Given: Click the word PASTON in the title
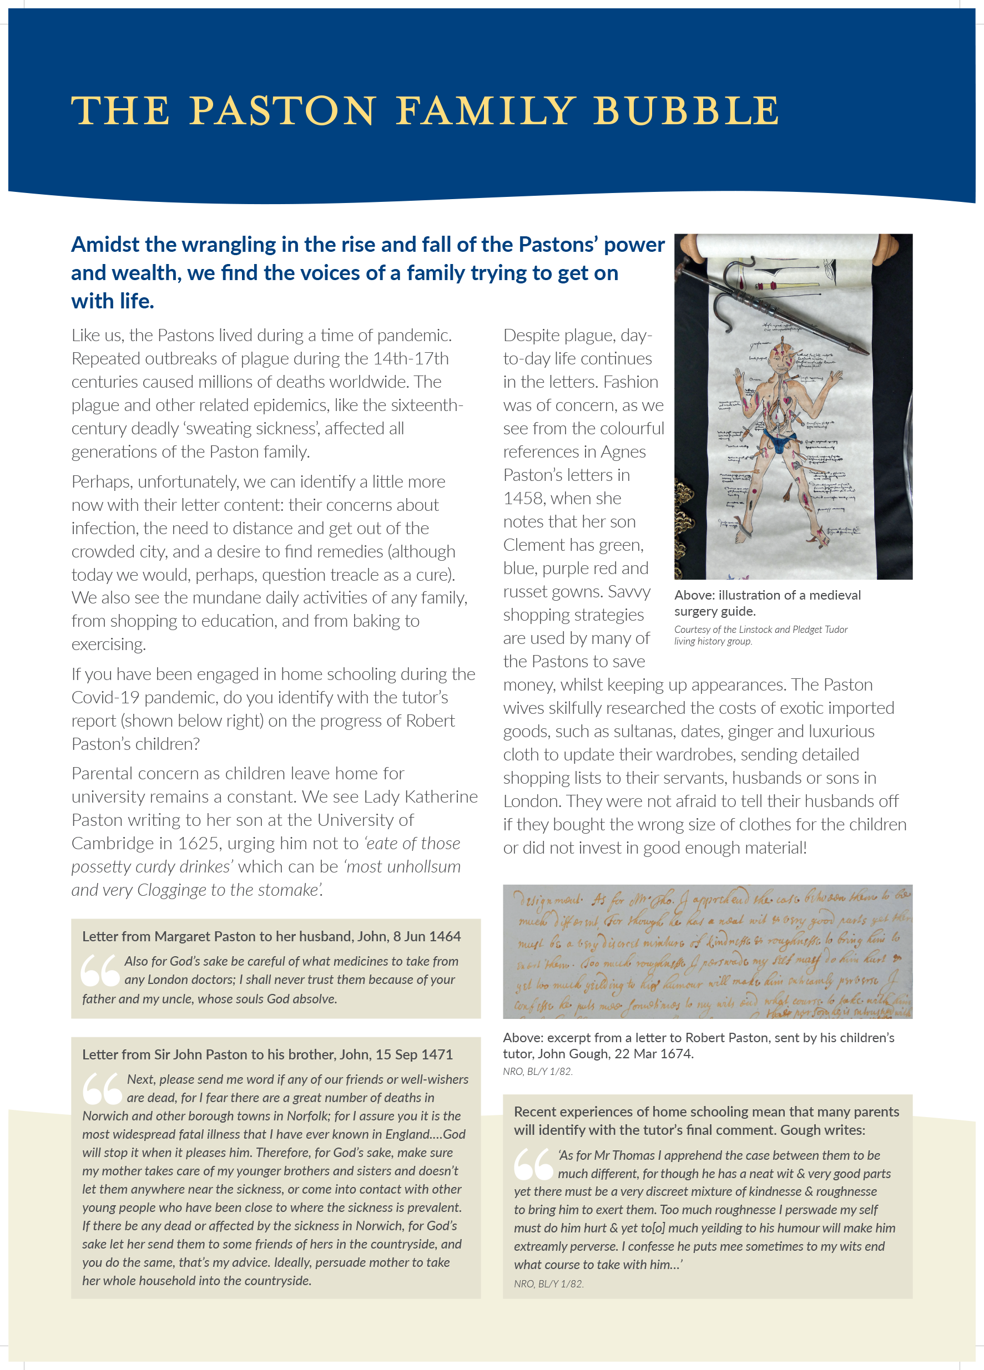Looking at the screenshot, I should [283, 111].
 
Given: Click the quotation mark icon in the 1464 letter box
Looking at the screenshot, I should [100, 970].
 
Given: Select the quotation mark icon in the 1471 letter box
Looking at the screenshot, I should [102, 1088].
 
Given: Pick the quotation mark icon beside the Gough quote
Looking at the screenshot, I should [533, 1164].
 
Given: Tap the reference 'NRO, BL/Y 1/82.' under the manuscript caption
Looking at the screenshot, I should [537, 1071].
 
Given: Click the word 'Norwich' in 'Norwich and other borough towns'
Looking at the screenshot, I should [104, 1116].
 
